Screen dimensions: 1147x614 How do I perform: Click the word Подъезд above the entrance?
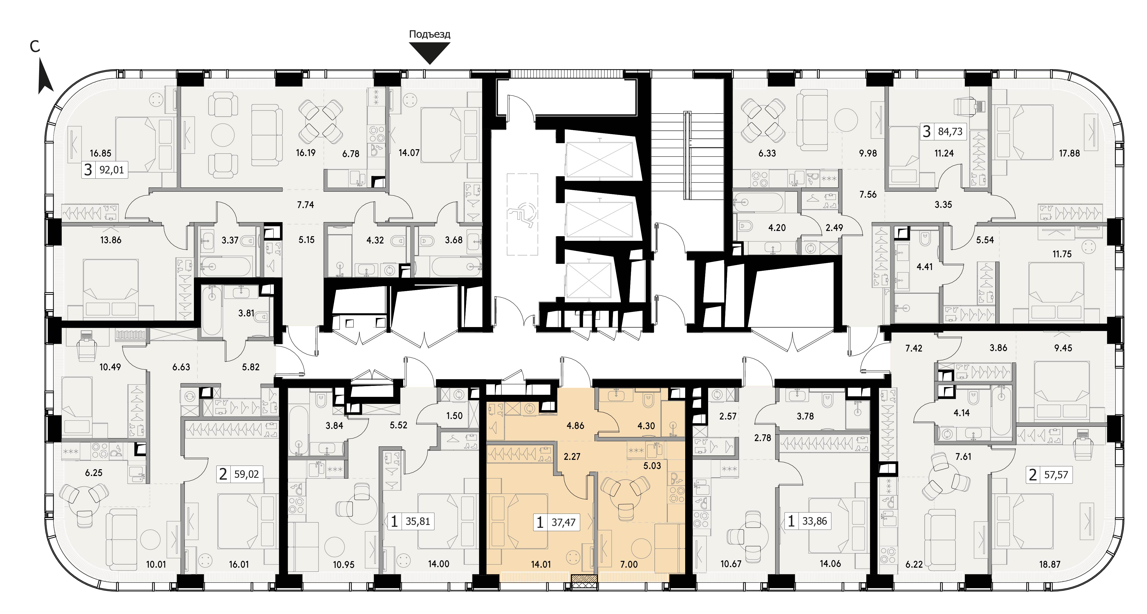pos(430,34)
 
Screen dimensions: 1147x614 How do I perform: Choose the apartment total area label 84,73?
pos(950,132)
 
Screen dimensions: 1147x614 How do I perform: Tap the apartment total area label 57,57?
pos(1056,475)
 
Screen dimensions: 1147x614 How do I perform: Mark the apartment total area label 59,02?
pos(246,474)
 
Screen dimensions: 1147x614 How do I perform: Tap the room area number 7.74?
pos(305,205)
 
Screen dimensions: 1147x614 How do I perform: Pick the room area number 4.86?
pos(575,425)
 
